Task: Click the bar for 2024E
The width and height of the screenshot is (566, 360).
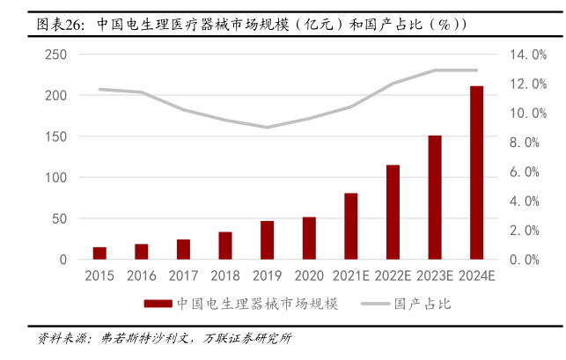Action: [x=476, y=173]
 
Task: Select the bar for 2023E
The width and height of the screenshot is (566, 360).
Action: [x=435, y=198]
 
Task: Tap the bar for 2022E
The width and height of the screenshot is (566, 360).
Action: [x=393, y=212]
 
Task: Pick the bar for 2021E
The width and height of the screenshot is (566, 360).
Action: [x=350, y=227]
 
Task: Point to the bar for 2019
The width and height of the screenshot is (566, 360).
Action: [x=267, y=240]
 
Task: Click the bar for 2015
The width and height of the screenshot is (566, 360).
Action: [x=99, y=253]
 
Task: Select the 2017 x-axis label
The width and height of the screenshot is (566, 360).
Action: [x=183, y=276]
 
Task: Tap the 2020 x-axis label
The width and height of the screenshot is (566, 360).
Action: [x=309, y=276]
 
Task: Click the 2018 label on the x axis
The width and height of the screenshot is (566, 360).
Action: [x=225, y=276]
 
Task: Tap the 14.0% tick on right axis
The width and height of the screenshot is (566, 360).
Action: [x=528, y=55]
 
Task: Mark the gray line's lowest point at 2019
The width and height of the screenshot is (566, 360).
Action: [x=267, y=127]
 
